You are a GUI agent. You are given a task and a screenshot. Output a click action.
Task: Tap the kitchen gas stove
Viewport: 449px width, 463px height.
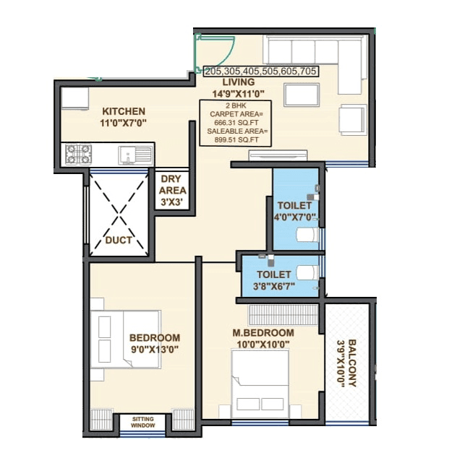coord(78,153)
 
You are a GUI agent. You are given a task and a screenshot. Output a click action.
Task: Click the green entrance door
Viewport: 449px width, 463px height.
coord(213,51)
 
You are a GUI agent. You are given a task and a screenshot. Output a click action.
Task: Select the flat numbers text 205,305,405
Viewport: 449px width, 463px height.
coord(261,71)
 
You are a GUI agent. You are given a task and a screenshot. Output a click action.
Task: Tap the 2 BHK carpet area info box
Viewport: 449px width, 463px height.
coord(237,124)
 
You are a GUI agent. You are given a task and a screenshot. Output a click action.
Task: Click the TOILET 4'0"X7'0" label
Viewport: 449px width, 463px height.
coord(294,210)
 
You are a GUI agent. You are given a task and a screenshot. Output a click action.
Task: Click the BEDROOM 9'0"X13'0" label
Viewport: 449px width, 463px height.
coord(154,343)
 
